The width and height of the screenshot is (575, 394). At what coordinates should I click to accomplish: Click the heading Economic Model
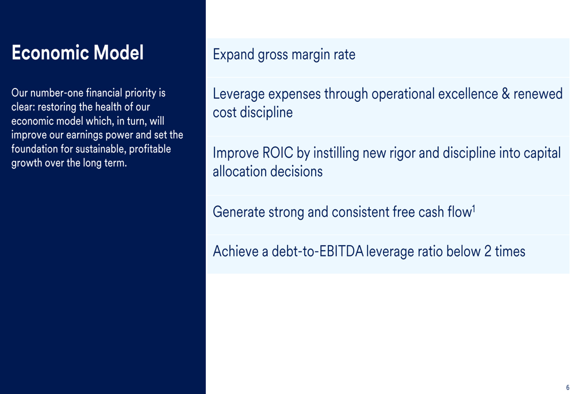pyautogui.click(x=78, y=52)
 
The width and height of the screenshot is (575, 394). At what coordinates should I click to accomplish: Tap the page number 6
pyautogui.click(x=568, y=388)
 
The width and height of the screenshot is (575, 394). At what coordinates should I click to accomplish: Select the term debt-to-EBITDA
pyautogui.click(x=317, y=251)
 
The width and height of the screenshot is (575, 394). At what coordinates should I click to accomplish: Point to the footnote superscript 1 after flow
pyautogui.click(x=474, y=209)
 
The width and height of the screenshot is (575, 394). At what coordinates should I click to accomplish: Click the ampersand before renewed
pyautogui.click(x=505, y=94)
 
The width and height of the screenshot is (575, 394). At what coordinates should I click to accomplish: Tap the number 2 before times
pyautogui.click(x=488, y=251)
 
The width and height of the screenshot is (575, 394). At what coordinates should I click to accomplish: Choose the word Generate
pyautogui.click(x=239, y=212)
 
